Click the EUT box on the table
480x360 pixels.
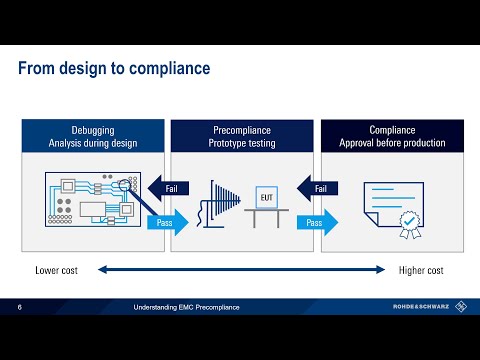pos(267,197)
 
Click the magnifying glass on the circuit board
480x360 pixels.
pos(128,186)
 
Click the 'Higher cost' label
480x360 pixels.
pos(421,270)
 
